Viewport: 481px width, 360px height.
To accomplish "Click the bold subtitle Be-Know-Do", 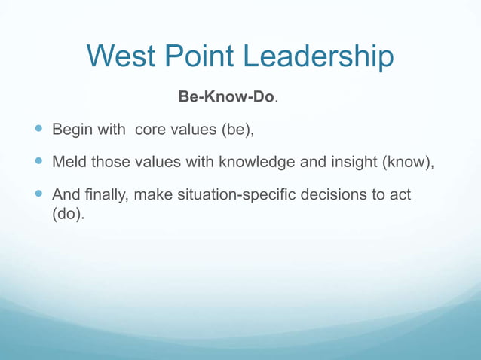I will [x=226, y=98].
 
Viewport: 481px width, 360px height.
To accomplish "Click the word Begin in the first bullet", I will [x=72, y=130].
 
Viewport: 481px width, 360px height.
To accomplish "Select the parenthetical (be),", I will [x=237, y=130].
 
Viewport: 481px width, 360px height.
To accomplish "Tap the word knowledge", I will [x=253, y=162].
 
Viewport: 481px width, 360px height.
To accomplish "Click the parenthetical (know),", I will [x=404, y=162].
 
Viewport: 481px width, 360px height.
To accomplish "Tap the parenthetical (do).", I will [x=68, y=214].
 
